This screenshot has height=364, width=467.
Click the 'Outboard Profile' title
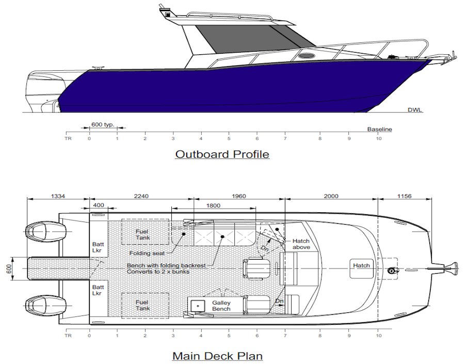(222, 154)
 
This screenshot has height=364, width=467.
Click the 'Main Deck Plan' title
(217, 356)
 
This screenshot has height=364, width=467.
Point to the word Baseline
(379, 129)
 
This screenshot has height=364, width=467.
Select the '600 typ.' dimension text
(103, 124)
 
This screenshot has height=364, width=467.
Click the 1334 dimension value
(58, 196)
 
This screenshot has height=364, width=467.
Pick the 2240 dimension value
(141, 196)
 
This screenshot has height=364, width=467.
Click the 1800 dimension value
(213, 205)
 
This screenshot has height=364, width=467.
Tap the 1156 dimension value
(405, 196)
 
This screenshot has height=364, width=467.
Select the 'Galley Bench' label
(221, 306)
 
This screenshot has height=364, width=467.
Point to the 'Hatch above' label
(301, 244)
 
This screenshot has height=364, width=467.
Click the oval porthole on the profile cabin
(305, 56)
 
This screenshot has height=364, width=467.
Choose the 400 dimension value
(98, 205)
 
